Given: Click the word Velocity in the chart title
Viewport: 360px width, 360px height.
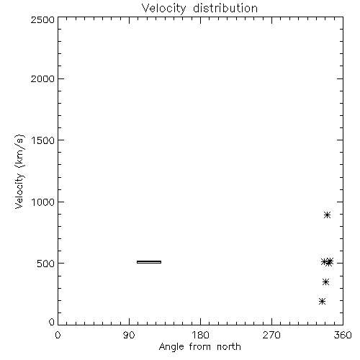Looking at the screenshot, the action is [164, 9].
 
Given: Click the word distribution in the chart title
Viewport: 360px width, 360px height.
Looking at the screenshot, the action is [225, 8].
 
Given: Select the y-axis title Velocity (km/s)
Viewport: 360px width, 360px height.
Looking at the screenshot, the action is [19, 172].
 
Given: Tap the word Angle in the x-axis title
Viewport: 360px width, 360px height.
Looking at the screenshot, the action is [171, 347].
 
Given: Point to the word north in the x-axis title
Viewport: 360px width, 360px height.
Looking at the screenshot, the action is [229, 346].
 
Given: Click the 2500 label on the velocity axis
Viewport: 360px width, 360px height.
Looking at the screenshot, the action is [42, 19].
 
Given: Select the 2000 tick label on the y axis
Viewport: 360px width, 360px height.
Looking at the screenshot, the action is [42, 78].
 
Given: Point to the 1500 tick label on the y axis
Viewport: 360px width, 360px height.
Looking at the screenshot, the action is [43, 140].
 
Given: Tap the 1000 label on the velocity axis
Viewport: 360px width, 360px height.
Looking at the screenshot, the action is [43, 202].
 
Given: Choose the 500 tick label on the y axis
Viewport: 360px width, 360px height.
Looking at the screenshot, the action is [46, 264].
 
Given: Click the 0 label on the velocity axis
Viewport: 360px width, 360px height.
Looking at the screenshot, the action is [52, 322].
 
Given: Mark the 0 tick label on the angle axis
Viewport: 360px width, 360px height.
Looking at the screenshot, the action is [58, 335].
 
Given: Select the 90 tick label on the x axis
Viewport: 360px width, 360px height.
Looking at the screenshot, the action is [129, 335].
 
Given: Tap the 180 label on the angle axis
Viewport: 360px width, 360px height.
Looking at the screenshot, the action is [200, 335].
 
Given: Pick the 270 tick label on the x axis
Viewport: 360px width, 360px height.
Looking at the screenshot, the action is [271, 335].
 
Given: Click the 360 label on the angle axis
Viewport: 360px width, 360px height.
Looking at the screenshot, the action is [343, 335].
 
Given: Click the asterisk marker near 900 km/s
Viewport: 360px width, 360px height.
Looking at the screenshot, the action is [327, 215].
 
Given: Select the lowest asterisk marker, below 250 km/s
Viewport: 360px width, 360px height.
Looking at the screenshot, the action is [322, 301].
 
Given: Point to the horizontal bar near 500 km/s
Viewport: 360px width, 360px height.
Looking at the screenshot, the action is [149, 262].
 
